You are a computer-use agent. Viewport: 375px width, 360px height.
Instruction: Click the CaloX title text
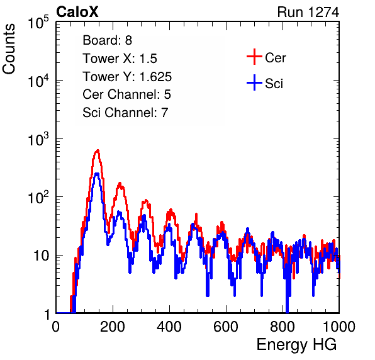77,11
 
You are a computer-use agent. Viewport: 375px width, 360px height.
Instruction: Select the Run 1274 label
308,12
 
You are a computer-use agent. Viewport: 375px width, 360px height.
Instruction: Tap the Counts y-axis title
9,49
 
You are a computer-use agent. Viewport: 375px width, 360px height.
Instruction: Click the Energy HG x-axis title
296,345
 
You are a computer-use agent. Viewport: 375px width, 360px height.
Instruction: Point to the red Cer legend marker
254,57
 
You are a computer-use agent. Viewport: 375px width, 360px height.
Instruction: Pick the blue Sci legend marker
254,83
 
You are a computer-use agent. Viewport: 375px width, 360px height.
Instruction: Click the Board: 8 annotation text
108,40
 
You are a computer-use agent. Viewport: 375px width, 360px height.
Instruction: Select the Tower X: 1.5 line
120,59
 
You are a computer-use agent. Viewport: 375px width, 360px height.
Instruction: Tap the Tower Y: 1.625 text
127,77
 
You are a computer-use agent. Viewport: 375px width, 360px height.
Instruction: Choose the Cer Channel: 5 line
126,94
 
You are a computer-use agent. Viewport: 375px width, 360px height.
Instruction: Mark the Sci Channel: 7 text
125,113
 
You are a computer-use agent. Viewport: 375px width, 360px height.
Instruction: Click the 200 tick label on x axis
113,327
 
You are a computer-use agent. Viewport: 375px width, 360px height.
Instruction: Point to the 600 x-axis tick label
226,327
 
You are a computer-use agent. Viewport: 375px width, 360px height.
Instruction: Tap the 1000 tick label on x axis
339,327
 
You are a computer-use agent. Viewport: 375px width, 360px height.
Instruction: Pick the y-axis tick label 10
41,256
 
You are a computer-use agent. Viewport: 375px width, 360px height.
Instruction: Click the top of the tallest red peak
98,150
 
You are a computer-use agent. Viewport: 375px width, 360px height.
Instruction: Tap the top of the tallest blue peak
97,174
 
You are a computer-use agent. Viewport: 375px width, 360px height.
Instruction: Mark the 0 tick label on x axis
56,327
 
